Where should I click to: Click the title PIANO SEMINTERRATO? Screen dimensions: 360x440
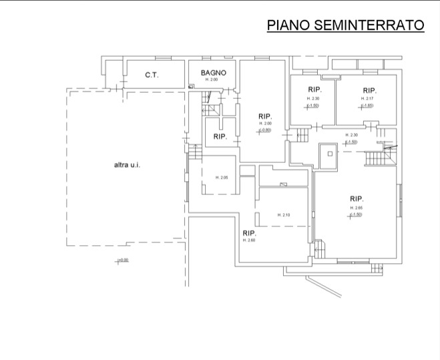pos(345,25)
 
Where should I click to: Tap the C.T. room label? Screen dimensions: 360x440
pos(152,75)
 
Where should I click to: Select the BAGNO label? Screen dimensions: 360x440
pos(214,73)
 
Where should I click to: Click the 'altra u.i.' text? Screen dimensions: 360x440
pos(126,164)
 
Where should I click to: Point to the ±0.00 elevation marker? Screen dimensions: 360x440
pos(122,260)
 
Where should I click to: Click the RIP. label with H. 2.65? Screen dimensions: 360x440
pos(356,198)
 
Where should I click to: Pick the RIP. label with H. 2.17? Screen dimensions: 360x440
pos(369,90)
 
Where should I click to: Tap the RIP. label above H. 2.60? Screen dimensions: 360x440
pos(250,232)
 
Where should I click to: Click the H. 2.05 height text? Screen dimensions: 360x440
pos(222,177)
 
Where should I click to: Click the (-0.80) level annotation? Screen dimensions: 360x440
pos(266,130)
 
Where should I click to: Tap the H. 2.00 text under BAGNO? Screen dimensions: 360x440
pos(212,80)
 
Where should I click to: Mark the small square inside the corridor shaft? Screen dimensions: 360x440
pos(329,153)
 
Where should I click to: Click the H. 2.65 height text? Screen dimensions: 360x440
pos(356,208)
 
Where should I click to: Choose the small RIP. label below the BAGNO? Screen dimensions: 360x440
pos(220,136)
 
